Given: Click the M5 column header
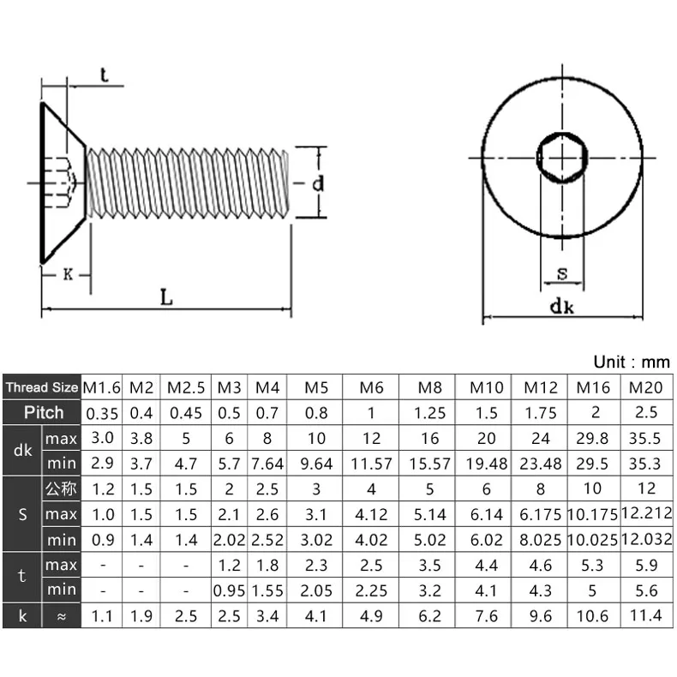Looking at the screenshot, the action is tap(316, 387).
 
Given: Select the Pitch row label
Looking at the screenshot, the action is tap(44, 412).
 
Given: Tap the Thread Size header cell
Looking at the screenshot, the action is tap(42, 387).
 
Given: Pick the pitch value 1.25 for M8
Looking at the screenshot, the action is tap(429, 413).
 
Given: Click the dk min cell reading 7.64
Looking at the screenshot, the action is tap(267, 464).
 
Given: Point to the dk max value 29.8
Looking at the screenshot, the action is tap(592, 438).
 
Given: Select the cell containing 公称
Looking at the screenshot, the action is tap(61, 488).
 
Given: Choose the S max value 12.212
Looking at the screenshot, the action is tap(646, 513).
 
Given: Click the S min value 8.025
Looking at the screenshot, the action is tap(541, 540).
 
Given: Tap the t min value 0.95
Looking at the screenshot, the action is tap(229, 590).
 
